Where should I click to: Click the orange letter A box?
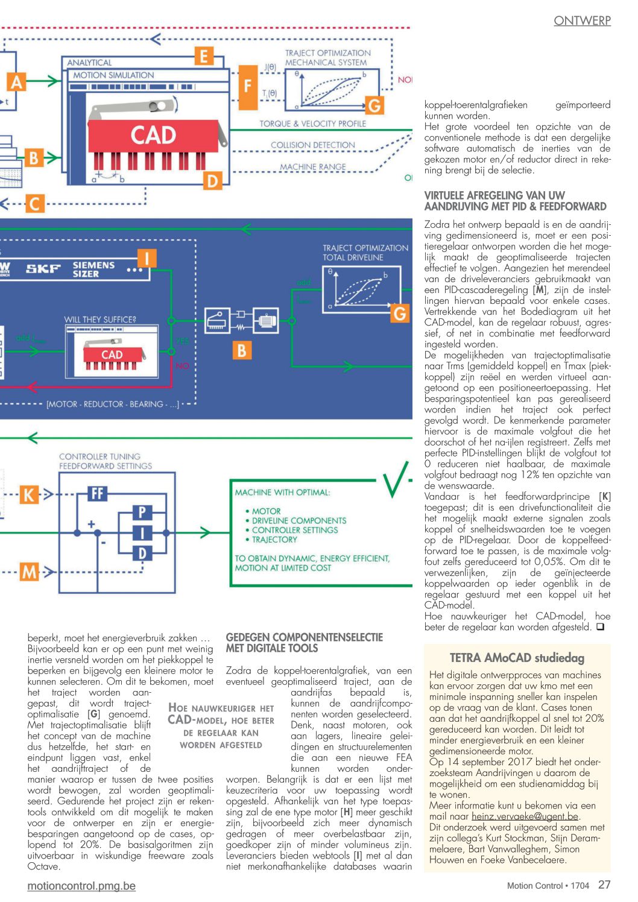tap(16, 82)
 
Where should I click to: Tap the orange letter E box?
tap(204, 56)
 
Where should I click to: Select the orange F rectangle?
tap(248, 87)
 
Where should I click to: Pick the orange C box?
tap(34, 204)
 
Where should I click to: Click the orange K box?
tap(29, 494)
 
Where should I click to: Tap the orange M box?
tap(29, 572)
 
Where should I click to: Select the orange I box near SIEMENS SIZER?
tap(147, 258)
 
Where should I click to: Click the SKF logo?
tap(43, 268)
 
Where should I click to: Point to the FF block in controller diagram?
tap(98, 493)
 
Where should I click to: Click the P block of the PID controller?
tap(142, 512)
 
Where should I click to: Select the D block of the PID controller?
tap(142, 553)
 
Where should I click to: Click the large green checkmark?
tap(395, 479)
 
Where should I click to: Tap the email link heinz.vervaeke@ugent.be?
tap(525, 816)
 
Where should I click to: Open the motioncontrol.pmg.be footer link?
tap(81, 886)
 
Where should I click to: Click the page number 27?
tap(604, 885)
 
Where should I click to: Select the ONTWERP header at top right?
tap(582, 20)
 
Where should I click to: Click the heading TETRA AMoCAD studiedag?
tap(517, 658)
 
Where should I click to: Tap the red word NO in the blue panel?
tap(182, 365)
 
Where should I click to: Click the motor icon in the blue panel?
tap(266, 321)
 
